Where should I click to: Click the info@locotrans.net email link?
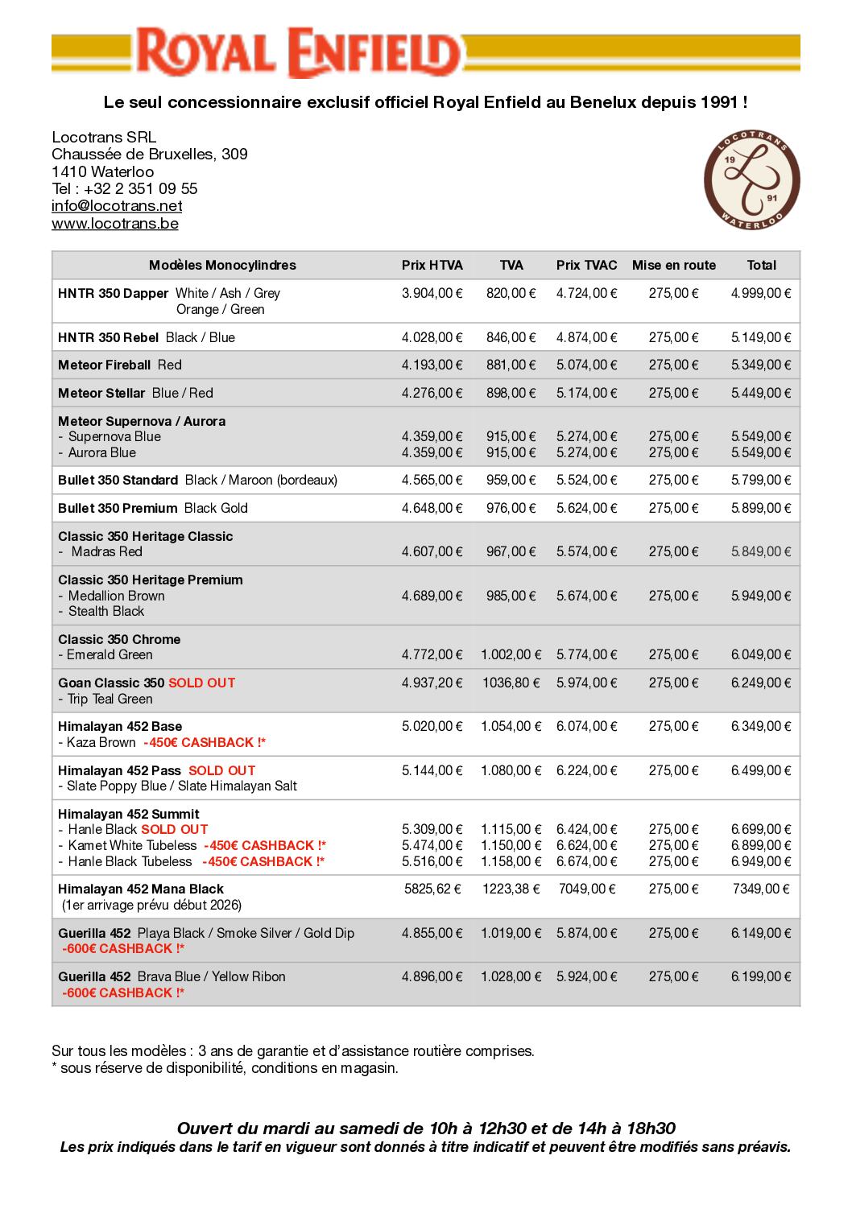pos(117,206)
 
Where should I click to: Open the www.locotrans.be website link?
pos(115,224)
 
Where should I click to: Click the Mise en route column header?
pos(673,266)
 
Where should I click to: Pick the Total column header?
pos(761,266)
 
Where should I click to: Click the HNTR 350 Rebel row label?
pos(108,337)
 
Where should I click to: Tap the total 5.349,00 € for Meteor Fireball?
pos(761,365)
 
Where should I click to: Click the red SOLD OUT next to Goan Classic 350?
pos(201,683)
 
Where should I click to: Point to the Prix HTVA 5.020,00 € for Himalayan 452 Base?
pos(432,727)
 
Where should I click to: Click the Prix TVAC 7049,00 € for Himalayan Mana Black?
pos(586,889)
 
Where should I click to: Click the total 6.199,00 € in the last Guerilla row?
pos(761,977)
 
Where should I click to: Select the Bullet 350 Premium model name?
pos(118,509)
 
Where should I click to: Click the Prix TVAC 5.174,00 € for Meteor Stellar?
pos(586,393)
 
